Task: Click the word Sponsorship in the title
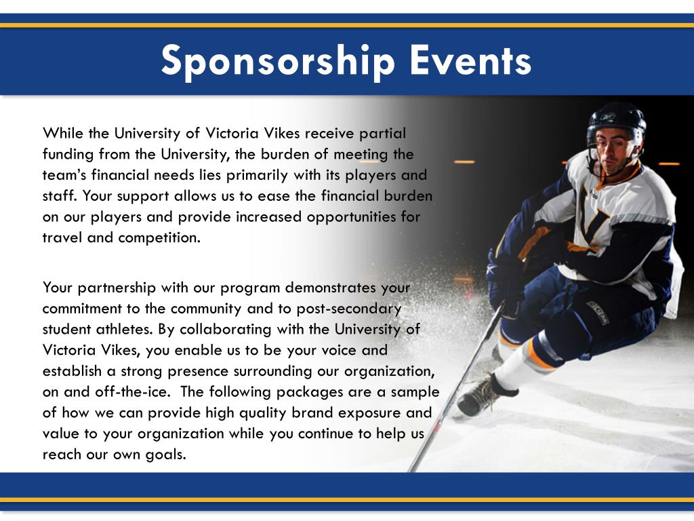click(278, 61)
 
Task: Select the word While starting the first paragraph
click(61, 133)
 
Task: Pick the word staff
click(57, 196)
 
